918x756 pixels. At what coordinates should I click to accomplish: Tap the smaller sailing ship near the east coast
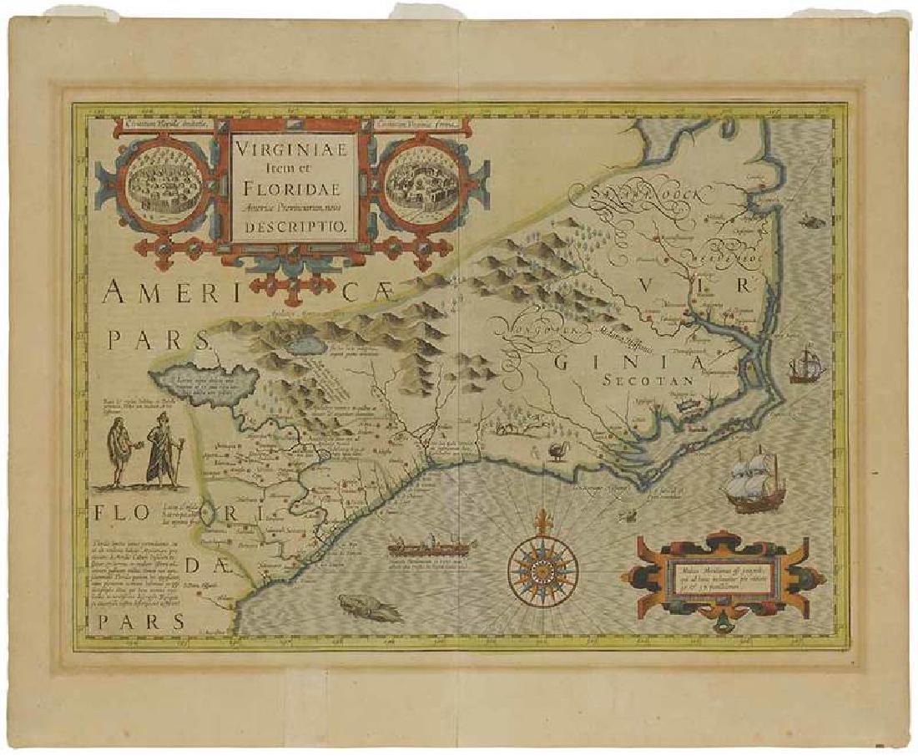point(805,365)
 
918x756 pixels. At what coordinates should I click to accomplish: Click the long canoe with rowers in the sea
point(431,549)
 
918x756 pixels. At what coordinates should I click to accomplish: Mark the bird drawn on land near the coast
point(557,452)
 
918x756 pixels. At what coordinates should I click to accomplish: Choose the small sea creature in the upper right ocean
point(807,220)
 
